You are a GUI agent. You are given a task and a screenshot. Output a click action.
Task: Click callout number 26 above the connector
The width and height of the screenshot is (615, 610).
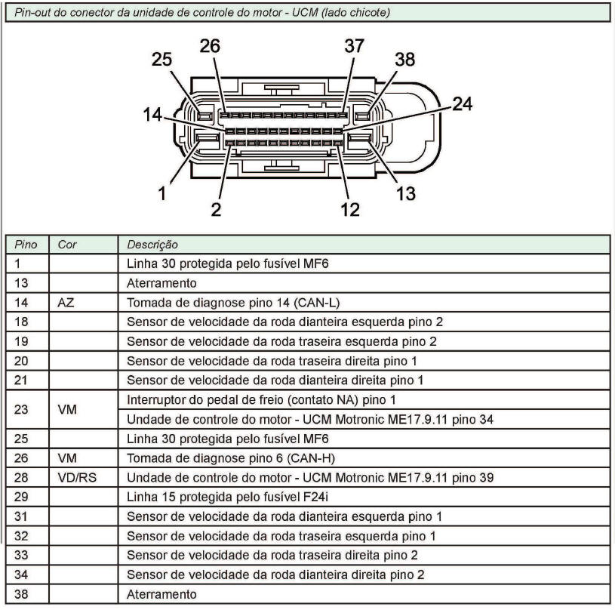point(210,46)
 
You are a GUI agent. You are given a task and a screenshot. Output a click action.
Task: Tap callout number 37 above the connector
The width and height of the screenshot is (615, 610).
point(355,46)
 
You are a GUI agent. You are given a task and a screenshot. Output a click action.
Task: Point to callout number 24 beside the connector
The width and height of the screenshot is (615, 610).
point(463,104)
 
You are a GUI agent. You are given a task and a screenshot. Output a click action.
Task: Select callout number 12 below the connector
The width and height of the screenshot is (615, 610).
point(350,209)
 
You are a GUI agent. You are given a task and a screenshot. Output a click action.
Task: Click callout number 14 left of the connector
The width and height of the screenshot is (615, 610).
point(152,115)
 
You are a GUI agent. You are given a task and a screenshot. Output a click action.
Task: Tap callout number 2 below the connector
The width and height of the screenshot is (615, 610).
point(216,209)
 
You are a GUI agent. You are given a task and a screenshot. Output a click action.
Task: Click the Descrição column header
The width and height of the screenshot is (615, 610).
point(152,245)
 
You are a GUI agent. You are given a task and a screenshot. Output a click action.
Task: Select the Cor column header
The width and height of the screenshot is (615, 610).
point(67,245)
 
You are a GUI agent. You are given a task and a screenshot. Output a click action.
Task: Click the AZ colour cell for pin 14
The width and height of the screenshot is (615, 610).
point(66,303)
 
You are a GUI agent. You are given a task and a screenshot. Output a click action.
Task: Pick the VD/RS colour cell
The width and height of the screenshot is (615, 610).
point(77,477)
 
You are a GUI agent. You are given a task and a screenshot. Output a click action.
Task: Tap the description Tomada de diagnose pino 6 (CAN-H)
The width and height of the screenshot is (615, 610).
point(231,458)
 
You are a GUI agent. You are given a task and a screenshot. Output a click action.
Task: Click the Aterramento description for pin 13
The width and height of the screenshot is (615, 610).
point(161,283)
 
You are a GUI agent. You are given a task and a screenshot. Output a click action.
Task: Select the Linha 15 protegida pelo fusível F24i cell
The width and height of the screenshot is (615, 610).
point(227,497)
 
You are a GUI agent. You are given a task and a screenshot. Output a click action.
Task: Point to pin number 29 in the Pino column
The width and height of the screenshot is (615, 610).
point(21,497)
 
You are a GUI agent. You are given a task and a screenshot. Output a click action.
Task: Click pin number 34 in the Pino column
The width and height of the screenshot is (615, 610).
point(21,575)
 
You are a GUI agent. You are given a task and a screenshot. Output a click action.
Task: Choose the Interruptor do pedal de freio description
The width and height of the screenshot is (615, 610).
point(261,399)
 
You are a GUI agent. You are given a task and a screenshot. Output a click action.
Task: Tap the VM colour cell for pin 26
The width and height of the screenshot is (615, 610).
point(67,458)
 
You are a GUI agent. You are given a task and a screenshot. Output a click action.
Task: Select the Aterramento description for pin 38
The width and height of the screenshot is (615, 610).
point(161,594)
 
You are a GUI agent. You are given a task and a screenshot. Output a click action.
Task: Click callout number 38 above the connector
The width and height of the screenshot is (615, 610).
point(405,60)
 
